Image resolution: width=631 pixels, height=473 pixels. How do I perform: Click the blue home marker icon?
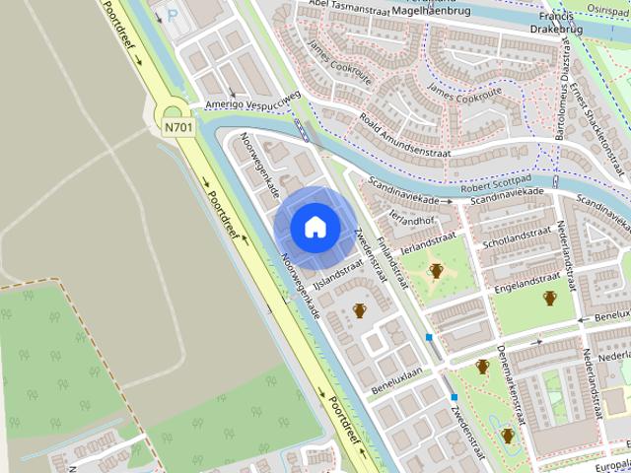point(315,227)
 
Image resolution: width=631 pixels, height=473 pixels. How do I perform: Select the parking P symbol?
point(175,16)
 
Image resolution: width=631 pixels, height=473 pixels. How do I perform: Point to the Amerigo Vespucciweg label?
point(251,101)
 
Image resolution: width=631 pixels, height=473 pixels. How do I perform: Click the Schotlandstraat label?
point(516,237)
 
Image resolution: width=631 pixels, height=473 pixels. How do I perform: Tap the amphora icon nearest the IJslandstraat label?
point(360,311)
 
